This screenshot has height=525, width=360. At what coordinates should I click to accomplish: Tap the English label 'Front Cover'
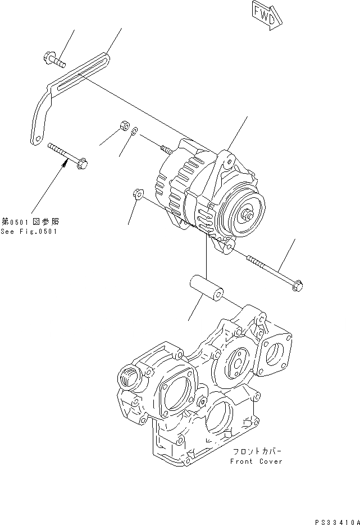256,461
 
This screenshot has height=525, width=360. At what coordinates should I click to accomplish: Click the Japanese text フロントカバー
256,451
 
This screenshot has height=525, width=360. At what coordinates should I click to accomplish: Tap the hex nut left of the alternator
123,126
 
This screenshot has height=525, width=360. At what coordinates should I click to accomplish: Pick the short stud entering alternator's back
166,150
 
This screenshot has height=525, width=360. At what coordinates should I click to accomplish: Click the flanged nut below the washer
137,194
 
